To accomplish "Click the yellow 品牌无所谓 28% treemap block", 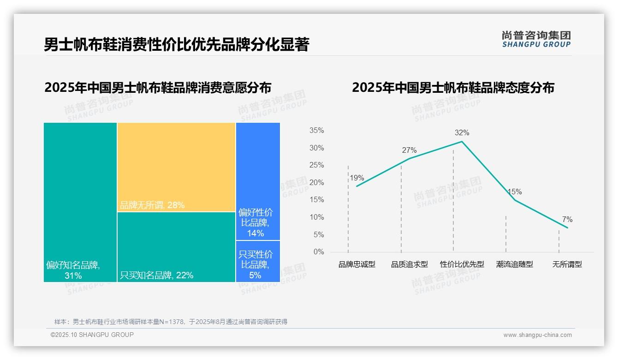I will coord(176,167).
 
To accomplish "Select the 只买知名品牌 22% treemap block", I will coord(176,247).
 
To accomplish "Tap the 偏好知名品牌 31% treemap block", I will coord(80,202).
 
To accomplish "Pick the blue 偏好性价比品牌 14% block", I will coord(258,181).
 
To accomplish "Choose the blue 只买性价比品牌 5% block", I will coord(258,261).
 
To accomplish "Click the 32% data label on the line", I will coord(462,133).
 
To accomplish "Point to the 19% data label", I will coord(357,178).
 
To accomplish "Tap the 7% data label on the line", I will coord(567,219).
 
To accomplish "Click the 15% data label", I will coord(514,192).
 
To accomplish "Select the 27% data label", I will coord(409,150).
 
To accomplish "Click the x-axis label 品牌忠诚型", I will coord(357,264).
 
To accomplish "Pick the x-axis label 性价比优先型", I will coord(462,264).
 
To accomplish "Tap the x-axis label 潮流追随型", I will coord(515,264).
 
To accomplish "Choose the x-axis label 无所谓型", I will coord(567,264).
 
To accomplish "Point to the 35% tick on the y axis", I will coord(316,131).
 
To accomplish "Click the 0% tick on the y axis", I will coord(319,252).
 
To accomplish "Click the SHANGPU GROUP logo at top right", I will coord(536,39).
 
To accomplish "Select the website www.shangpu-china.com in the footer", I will coord(537,335).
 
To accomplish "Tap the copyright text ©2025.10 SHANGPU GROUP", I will coord(92,335).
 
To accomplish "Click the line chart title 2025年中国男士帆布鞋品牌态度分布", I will coord(453,88).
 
